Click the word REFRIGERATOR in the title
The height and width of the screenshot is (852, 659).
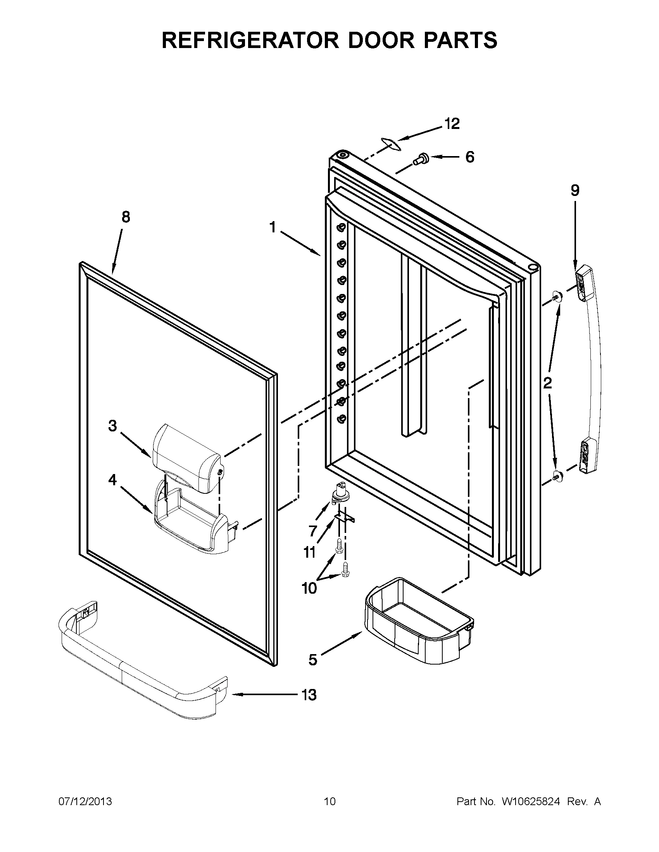(250, 40)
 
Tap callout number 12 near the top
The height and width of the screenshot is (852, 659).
(452, 124)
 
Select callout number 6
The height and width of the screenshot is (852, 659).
(470, 157)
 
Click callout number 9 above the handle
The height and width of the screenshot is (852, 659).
(575, 191)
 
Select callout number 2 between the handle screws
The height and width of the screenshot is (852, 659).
(548, 383)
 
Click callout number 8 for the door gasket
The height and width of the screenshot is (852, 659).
(126, 217)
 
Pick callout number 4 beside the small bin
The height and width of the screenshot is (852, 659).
(112, 480)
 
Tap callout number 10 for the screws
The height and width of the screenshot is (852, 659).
(309, 588)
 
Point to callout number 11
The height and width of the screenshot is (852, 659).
(310, 552)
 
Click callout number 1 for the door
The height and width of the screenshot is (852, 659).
(273, 227)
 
